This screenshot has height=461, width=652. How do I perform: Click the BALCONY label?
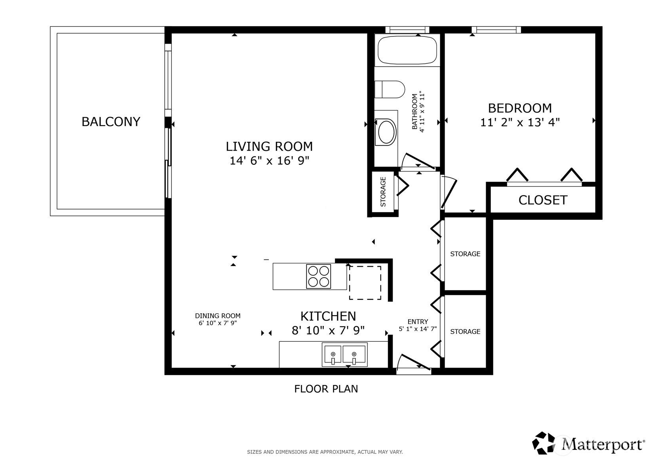pyautogui.click(x=111, y=122)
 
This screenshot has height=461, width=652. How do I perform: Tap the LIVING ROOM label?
pyautogui.click(x=269, y=147)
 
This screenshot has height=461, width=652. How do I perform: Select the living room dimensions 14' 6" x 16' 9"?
pyautogui.click(x=269, y=160)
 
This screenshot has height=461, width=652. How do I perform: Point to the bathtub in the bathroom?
pyautogui.click(x=407, y=50)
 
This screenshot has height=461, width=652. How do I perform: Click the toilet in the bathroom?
pyautogui.click(x=390, y=90)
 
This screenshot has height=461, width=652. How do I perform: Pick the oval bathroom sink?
pyautogui.click(x=386, y=132)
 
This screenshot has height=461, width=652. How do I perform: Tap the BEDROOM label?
pyautogui.click(x=520, y=109)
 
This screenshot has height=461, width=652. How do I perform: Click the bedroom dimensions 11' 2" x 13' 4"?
pyautogui.click(x=520, y=122)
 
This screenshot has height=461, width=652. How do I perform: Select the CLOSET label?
pyautogui.click(x=543, y=200)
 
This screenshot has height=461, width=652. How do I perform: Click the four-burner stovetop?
pyautogui.click(x=318, y=276)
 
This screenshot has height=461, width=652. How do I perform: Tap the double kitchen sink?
pyautogui.click(x=345, y=354)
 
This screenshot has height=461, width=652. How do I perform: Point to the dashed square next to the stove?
pyautogui.click(x=365, y=282)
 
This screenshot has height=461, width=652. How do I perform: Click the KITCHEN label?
pyautogui.click(x=328, y=316)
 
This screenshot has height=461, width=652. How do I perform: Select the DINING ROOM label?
pyautogui.click(x=218, y=316)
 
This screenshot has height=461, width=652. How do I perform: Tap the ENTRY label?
pyautogui.click(x=418, y=322)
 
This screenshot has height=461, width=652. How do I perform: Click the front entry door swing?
pyautogui.click(x=414, y=363)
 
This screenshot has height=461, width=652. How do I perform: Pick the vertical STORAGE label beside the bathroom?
pyautogui.click(x=383, y=192)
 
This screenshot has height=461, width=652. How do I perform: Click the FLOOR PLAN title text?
pyautogui.click(x=326, y=389)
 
